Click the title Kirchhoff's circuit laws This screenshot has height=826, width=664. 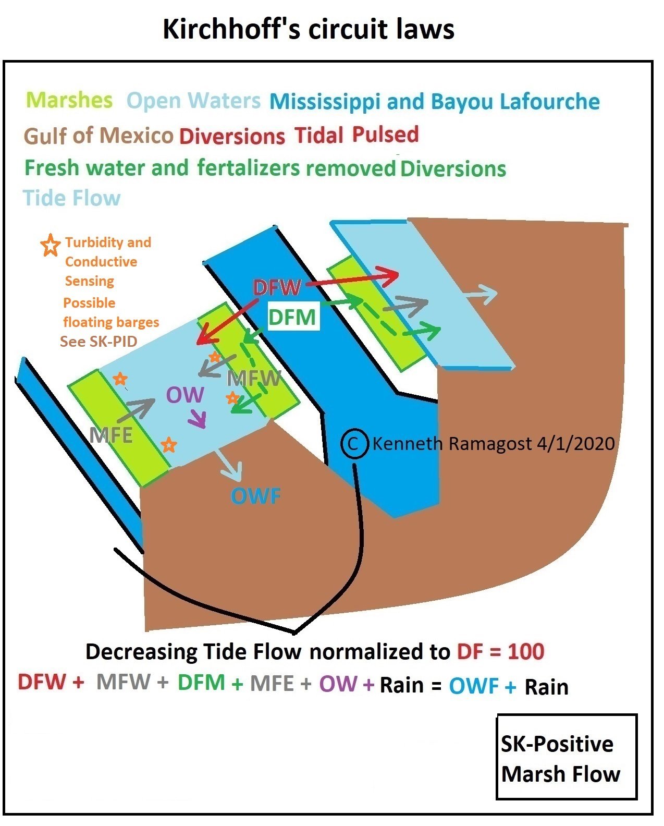coord(308,29)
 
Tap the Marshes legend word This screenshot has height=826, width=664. coord(69,100)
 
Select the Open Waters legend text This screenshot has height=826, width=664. coord(193,101)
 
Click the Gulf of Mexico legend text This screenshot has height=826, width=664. coord(99,136)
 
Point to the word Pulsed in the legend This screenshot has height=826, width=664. coord(385,135)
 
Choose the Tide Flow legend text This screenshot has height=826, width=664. coord(72,198)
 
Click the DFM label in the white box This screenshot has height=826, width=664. coord(292,317)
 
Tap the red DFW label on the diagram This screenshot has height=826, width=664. coord(277,287)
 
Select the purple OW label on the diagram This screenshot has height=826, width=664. coord(185,395)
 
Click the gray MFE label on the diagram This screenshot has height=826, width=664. coord(111,435)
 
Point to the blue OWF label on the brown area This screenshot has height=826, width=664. coord(255,496)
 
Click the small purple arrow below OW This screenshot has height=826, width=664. coord(198,418)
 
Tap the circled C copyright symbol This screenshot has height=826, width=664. coord(354,444)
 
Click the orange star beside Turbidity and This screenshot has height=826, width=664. coord(50,245)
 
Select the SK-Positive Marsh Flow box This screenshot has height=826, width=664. coord(567,757)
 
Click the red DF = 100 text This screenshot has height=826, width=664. coord(500,652)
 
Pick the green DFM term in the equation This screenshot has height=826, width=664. coord(201,683)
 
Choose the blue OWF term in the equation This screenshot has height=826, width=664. coord(474,686)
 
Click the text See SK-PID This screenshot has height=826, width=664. coord(99,342)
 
